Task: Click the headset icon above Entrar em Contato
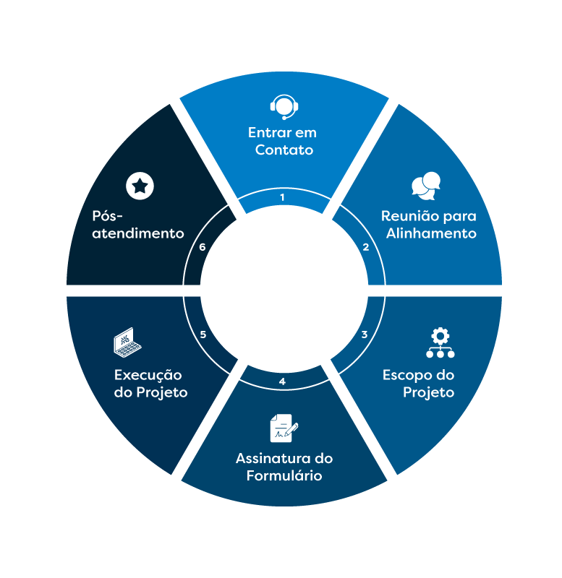click(x=284, y=107)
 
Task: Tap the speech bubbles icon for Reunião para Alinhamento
click(x=426, y=186)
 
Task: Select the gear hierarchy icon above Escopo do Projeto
click(x=439, y=343)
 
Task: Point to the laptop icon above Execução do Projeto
click(x=127, y=343)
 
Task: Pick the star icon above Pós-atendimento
click(x=140, y=186)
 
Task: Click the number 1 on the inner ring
click(x=282, y=197)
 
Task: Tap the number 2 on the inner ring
click(x=366, y=247)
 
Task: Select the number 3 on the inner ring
click(x=365, y=335)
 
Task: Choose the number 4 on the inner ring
click(x=282, y=381)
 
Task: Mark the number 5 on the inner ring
click(x=203, y=335)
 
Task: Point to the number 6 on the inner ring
click(x=203, y=247)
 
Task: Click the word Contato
click(x=284, y=150)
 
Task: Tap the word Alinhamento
click(x=431, y=233)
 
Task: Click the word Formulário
click(x=284, y=475)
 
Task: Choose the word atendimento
click(x=138, y=233)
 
